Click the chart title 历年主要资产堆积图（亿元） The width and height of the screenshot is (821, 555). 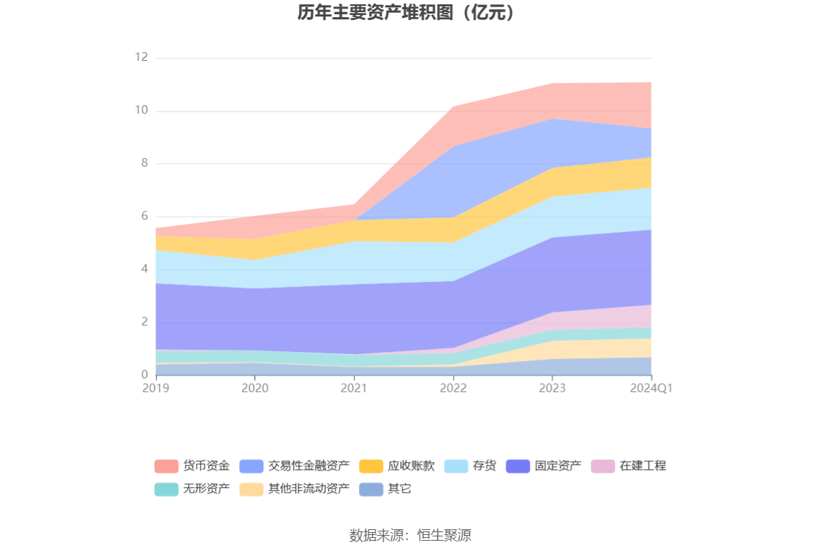[410, 13]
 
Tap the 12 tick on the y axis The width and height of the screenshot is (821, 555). [141, 57]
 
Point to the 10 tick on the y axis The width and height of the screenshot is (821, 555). [141, 110]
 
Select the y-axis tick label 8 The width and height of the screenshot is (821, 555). [144, 163]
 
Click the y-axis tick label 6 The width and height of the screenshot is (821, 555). [144, 216]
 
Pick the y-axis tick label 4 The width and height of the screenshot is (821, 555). [144, 269]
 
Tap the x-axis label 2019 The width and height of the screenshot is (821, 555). [155, 388]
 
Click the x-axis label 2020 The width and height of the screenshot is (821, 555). [255, 388]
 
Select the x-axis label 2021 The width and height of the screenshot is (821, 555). [353, 388]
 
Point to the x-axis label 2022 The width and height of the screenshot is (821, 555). [453, 388]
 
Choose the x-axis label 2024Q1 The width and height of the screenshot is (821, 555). [652, 388]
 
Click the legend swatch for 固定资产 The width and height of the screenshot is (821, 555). [518, 466]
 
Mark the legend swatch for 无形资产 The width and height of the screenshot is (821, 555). [166, 489]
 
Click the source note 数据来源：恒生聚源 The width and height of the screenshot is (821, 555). [410, 535]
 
